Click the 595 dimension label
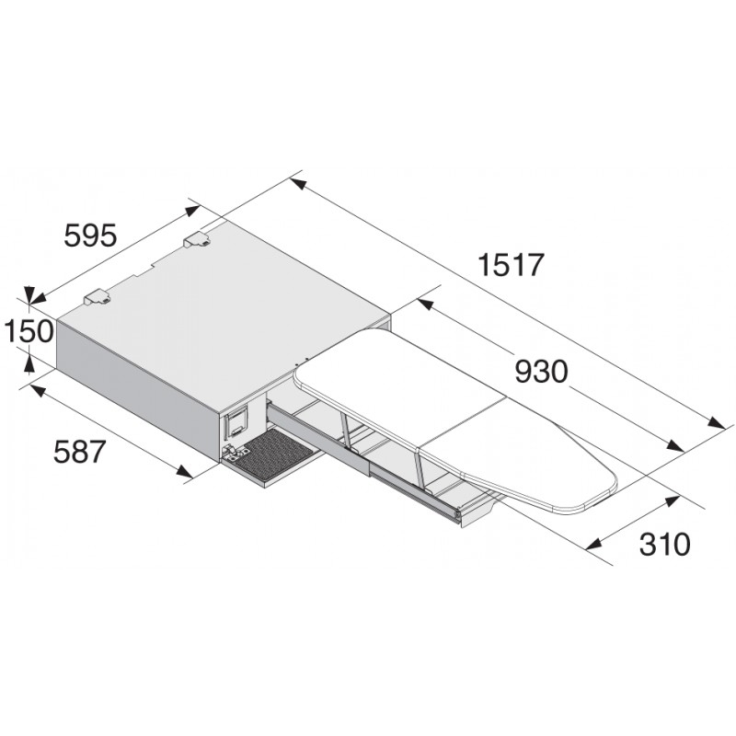89,236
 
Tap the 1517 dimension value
512,265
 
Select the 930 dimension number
540,371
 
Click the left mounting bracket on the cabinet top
98,297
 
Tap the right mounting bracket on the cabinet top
198,240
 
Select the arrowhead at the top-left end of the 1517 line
296,183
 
